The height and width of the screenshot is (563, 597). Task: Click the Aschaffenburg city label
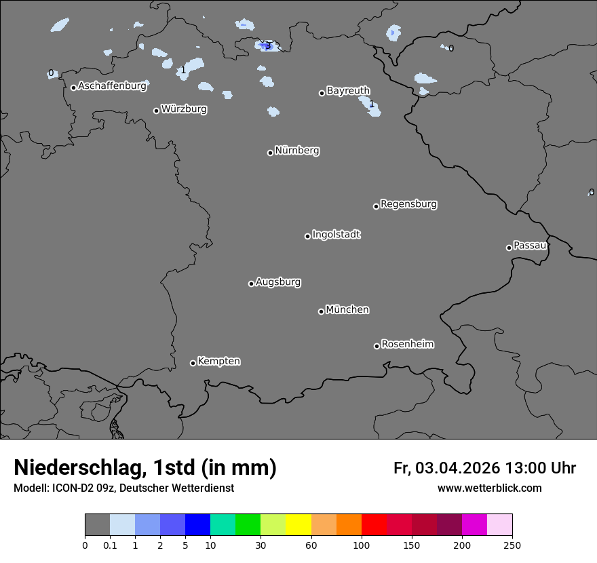(112, 86)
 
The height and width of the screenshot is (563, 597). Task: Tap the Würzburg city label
(184, 109)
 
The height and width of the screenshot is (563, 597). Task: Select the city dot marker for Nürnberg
(270, 153)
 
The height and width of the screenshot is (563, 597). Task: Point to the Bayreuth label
(348, 91)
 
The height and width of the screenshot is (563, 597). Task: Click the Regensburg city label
(408, 204)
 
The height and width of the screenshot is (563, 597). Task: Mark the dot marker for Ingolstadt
(307, 236)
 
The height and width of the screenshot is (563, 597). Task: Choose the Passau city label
(530, 246)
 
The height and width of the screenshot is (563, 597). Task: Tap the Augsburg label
(278, 282)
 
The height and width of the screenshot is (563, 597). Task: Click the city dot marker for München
(321, 311)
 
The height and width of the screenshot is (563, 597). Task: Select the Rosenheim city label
(407, 345)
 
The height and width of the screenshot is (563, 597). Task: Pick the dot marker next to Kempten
(193, 363)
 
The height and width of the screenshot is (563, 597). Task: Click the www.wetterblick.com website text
(489, 488)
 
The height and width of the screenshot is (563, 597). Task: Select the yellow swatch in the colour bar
(298, 525)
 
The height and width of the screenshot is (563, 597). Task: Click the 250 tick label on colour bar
(512, 545)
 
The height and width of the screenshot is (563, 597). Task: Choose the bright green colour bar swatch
(248, 525)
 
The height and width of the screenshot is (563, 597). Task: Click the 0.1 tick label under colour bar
(110, 545)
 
